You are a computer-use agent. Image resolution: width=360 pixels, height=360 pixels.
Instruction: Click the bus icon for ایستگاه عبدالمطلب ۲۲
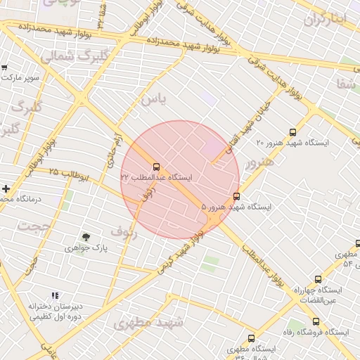(156, 167)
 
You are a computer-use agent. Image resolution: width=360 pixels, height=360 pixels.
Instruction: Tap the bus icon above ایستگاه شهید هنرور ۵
(236, 197)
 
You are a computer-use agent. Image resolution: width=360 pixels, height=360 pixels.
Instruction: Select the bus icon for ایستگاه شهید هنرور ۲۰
(292, 132)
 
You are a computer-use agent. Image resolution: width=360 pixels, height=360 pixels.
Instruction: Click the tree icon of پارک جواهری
(86, 238)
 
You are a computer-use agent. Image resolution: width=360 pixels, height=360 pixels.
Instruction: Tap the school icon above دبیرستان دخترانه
(56, 296)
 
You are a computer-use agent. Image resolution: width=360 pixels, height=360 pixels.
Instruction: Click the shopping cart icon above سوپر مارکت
(4, 67)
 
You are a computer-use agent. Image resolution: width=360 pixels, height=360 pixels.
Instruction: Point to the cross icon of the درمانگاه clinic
(6, 189)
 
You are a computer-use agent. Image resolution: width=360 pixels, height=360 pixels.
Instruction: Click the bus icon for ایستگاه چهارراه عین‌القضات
(318, 279)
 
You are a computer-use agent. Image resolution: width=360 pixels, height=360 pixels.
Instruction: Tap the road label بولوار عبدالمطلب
(262, 266)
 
